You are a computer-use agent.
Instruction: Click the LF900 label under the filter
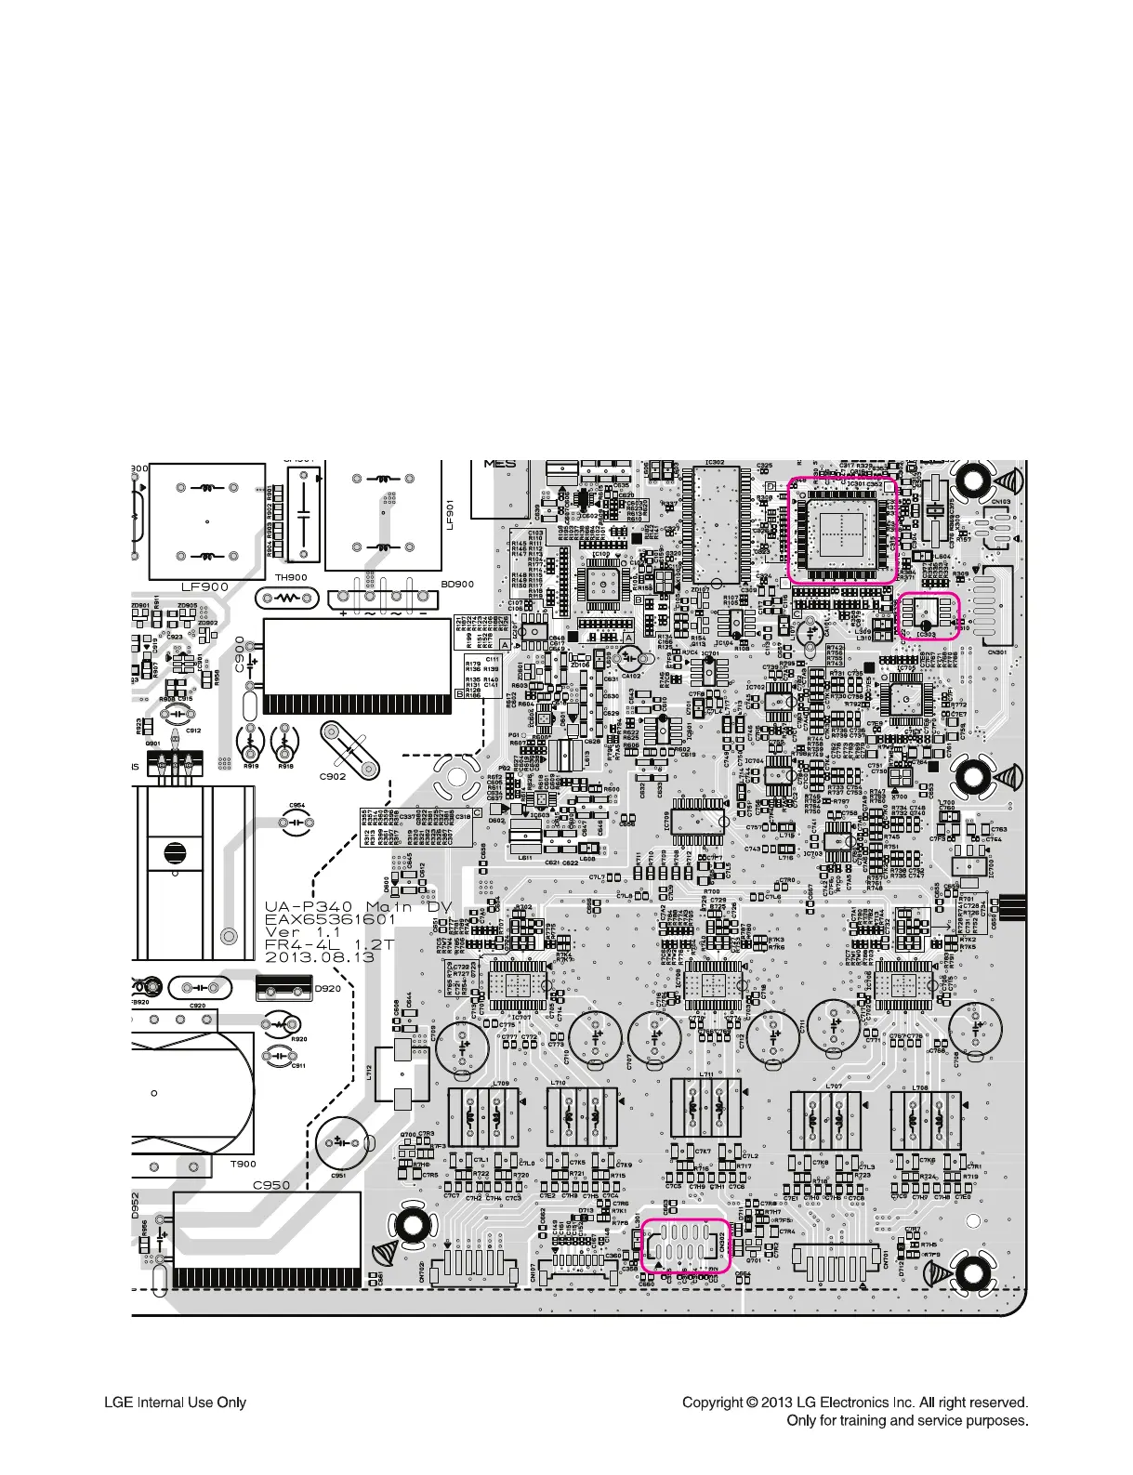204,586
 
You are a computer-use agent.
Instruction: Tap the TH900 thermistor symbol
291,597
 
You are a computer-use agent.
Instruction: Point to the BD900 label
457,585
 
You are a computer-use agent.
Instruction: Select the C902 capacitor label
333,775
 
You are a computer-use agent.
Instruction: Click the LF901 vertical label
451,511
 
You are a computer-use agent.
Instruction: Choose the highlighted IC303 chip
929,615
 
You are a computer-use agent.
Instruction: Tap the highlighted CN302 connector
686,1245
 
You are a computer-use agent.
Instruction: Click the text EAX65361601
331,919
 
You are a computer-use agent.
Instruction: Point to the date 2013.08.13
320,956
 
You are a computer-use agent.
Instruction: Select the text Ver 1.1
303,931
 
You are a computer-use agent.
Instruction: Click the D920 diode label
327,988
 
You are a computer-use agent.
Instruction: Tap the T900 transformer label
243,1164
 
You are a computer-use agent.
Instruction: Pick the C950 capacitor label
271,1185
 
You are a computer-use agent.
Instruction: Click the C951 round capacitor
343,1143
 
